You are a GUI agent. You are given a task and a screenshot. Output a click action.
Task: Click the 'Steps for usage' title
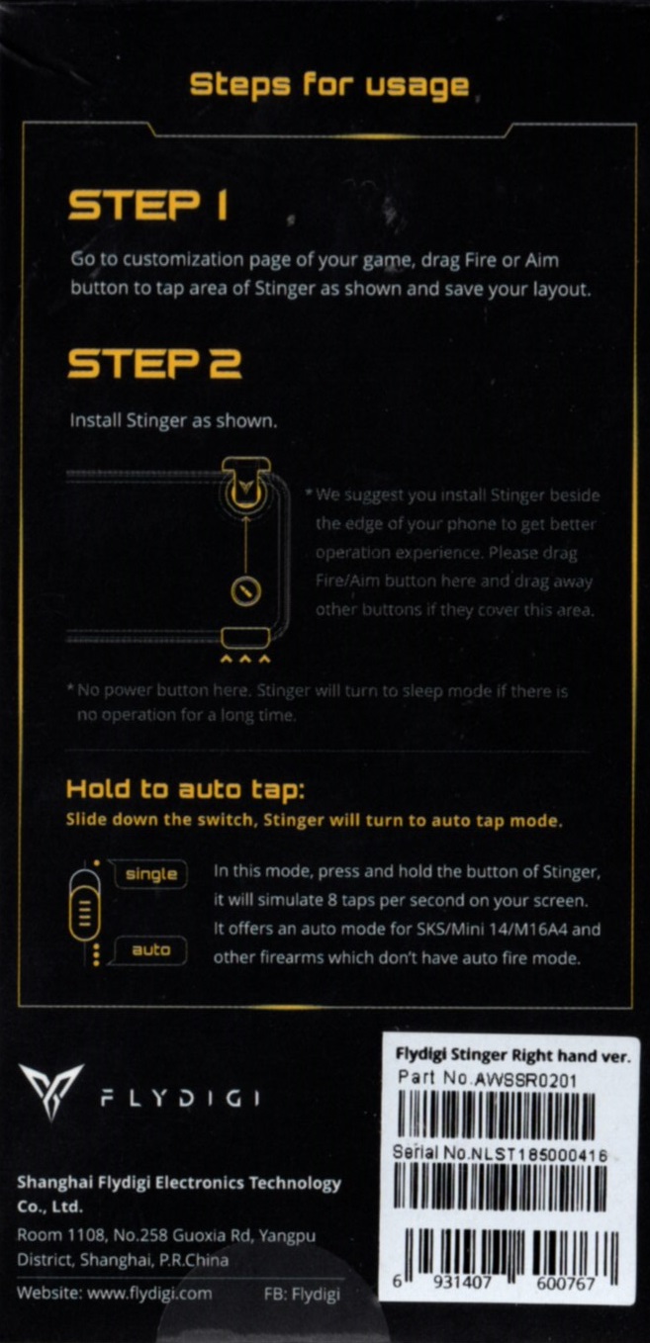329,86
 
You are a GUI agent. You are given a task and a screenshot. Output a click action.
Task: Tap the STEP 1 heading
148,206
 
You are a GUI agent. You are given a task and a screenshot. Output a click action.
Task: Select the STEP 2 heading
154,364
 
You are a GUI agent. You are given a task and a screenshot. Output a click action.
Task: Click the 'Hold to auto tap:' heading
185,789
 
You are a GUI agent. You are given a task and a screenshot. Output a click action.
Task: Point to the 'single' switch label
151,874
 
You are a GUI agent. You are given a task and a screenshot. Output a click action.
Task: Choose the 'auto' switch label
151,949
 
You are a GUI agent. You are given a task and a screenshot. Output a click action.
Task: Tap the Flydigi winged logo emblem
51,1091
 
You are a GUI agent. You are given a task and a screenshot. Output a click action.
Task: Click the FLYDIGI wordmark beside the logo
180,1099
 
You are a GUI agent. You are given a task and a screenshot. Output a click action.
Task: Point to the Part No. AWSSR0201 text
487,1079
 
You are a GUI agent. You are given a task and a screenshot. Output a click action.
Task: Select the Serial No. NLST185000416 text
500,1153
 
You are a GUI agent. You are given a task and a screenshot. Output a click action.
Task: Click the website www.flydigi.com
115,1293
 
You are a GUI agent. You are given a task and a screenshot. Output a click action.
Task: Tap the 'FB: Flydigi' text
302,1294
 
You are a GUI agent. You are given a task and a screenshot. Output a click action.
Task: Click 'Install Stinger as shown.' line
173,420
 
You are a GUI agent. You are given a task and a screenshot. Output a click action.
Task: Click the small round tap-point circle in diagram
245,590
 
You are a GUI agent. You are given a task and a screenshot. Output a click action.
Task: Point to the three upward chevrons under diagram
245,659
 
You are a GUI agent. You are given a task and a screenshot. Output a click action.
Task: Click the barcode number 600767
566,1283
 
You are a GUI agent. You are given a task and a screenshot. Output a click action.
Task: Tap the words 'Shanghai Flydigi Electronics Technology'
179,1183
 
